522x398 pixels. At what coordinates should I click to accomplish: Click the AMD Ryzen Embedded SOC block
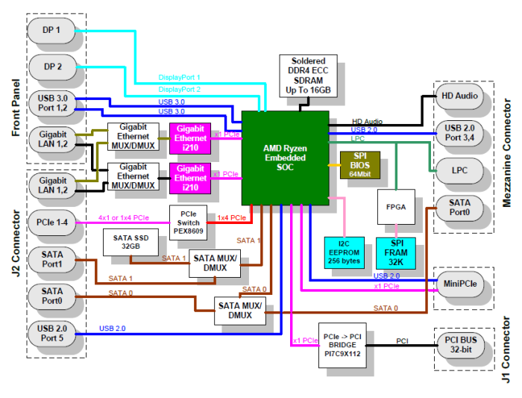286,158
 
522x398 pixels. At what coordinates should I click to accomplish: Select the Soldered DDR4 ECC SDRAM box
308,76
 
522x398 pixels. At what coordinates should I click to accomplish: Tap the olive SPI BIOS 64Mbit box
360,165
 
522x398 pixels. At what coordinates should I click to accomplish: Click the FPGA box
396,207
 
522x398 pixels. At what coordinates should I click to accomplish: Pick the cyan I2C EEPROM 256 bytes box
345,252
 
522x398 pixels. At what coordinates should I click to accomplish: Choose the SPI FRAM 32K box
396,253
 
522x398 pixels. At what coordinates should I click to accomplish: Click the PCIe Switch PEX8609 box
189,223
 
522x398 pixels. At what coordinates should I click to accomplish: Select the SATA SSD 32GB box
130,243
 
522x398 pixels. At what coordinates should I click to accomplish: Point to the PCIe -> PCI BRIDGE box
342,345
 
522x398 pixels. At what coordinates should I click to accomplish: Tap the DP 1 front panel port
51,31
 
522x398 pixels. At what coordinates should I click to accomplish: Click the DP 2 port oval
53,67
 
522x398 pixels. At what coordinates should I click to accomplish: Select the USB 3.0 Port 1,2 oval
53,103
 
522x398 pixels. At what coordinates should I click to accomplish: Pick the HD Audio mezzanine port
459,96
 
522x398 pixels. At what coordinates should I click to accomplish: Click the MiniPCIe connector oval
460,284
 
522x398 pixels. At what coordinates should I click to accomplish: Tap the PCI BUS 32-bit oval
461,345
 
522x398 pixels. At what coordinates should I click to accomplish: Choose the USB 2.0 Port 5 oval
52,334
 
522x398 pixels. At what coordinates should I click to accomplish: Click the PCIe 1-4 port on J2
52,223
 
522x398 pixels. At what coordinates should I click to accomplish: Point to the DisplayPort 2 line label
180,90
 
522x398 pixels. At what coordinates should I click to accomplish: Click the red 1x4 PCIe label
232,217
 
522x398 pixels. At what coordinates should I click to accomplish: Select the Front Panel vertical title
16,108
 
